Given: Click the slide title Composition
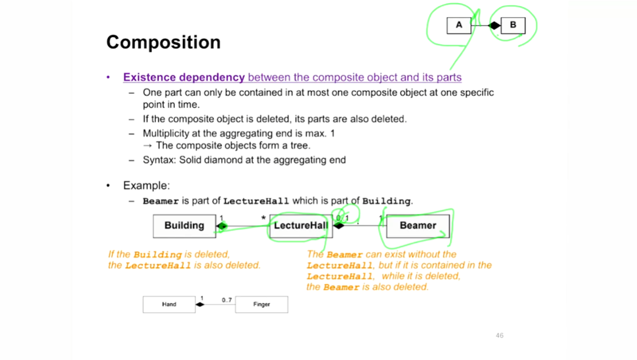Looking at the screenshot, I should tap(164, 42).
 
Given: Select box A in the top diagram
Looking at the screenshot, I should tap(459, 25).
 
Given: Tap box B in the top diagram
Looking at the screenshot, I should tap(512, 25).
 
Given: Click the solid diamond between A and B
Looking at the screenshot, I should tap(495, 25).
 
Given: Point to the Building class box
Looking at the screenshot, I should tap(184, 225).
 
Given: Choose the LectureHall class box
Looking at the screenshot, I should tap(300, 225).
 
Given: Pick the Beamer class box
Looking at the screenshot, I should tap(417, 225).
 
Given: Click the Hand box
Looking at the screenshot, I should tap(169, 305).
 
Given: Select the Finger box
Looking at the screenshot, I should tap(262, 305).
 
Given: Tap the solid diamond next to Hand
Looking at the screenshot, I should tap(200, 305).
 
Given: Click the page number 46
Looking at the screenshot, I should tap(499, 335).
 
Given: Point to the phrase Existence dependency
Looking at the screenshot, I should tap(184, 77).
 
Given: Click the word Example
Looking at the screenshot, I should tap(146, 185).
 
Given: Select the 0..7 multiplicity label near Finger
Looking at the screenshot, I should tap(227, 300).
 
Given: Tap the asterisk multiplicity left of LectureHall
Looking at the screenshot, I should tap(263, 218).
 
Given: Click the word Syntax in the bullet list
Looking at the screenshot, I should tap(159, 160).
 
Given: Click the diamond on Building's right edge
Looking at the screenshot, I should tap(222, 226).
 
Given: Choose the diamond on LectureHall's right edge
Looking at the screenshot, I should tap(339, 225).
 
